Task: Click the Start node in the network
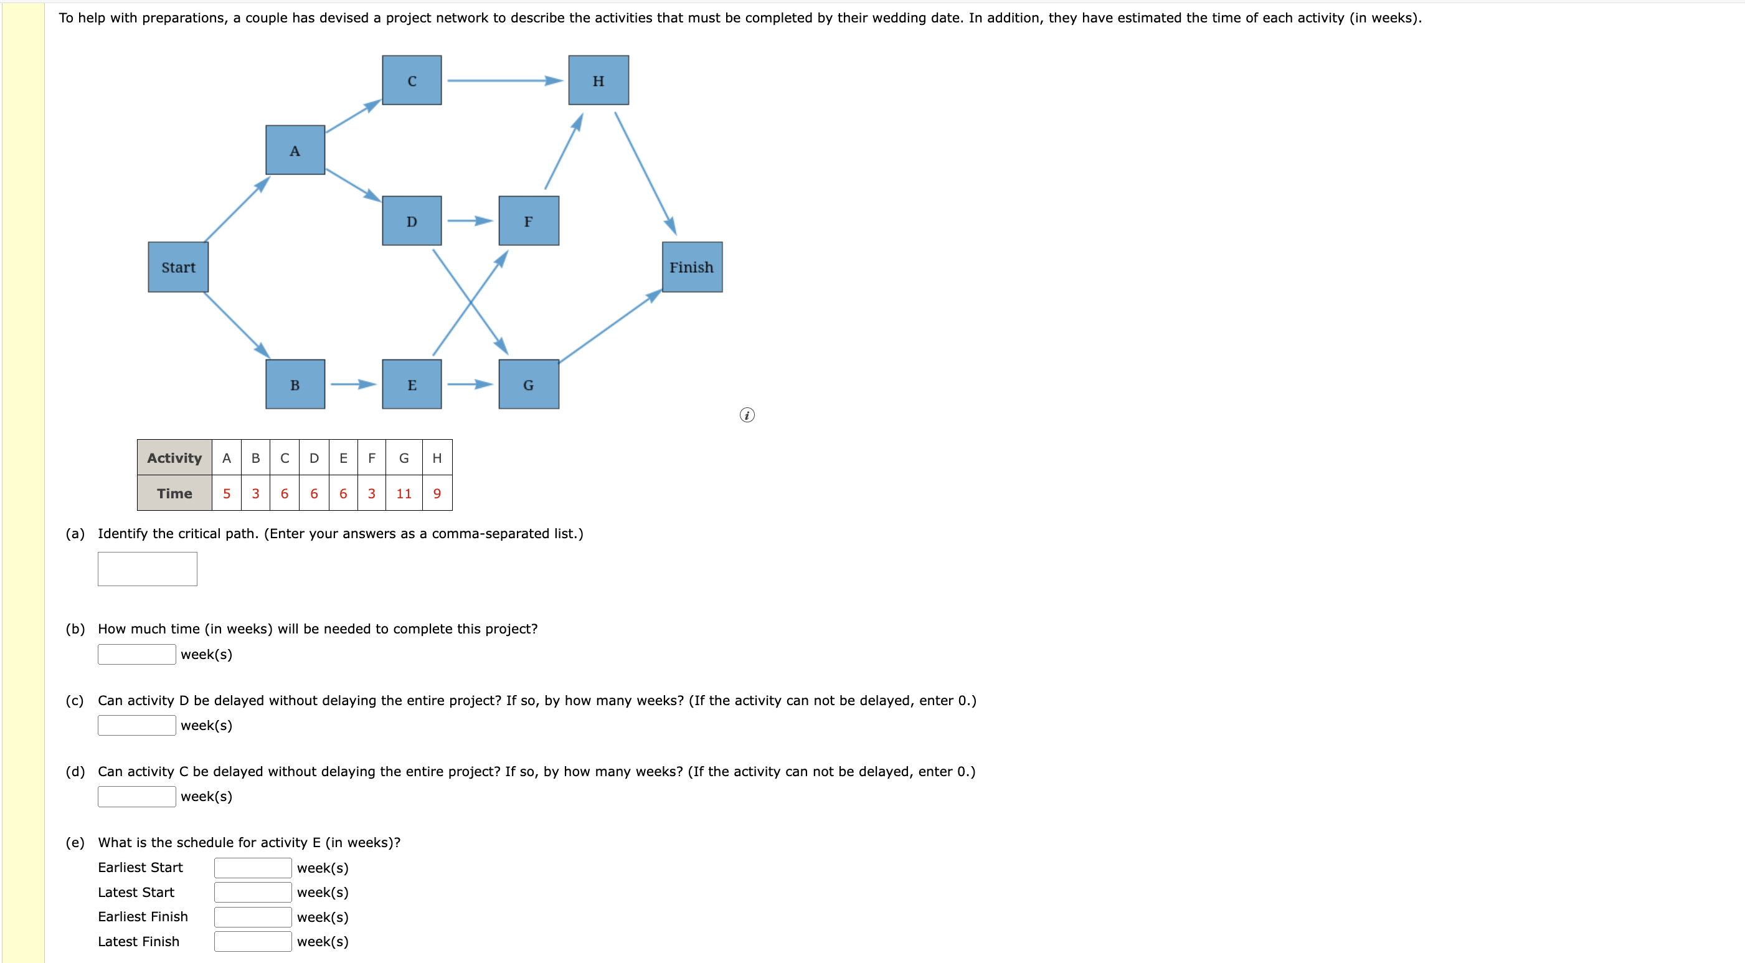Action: (178, 267)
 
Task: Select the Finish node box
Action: (692, 267)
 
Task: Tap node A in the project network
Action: (295, 151)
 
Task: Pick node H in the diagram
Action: (598, 80)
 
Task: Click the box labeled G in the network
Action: (528, 384)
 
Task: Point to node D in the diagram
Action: (411, 221)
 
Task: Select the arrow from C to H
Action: (504, 80)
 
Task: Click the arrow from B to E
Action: (352, 384)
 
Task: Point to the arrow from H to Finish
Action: (644, 172)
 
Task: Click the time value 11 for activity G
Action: (404, 493)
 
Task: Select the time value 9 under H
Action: (437, 493)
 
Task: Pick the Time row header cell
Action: (174, 493)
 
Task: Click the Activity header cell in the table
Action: (174, 458)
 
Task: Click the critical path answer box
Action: (147, 569)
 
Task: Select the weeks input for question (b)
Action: (136, 654)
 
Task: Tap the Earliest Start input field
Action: (253, 868)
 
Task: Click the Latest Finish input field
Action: (253, 941)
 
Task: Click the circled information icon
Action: (747, 415)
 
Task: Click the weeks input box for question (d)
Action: (136, 796)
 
